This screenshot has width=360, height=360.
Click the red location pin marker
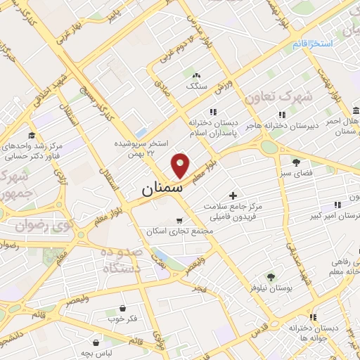click(181, 165)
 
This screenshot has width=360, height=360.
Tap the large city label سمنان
click(162, 188)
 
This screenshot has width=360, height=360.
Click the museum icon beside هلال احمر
click(356, 110)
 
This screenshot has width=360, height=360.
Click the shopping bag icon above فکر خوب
click(123, 307)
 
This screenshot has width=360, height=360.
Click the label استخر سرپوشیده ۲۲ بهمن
click(143, 147)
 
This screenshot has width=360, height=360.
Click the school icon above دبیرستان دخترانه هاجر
click(281, 114)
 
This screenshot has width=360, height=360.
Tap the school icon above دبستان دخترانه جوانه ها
click(312, 317)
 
